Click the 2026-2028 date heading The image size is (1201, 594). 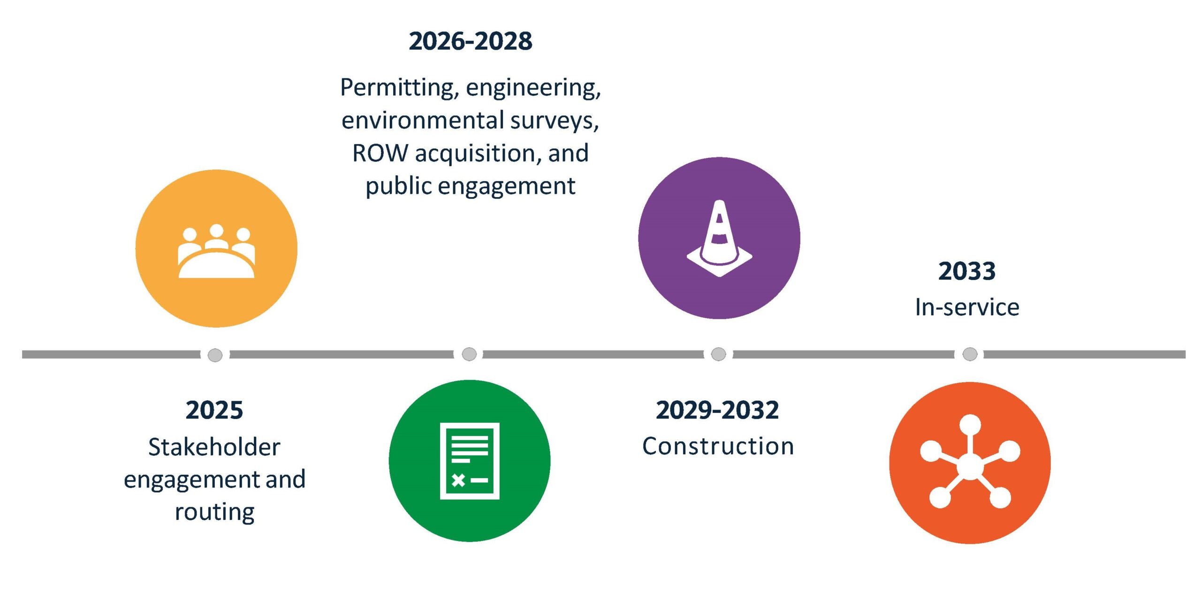pyautogui.click(x=471, y=41)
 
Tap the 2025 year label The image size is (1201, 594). pyautogui.click(x=214, y=410)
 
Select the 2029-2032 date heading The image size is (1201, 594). pyautogui.click(x=717, y=410)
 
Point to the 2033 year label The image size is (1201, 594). pyautogui.click(x=967, y=271)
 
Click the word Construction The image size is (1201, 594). pyautogui.click(x=718, y=446)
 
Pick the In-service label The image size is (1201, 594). pyautogui.click(x=967, y=307)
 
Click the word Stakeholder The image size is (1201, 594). pyautogui.click(x=214, y=447)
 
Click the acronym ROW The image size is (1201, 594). pyautogui.click(x=380, y=153)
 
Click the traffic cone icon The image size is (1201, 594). pyautogui.click(x=719, y=238)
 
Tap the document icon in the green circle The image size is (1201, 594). pyautogui.click(x=470, y=461)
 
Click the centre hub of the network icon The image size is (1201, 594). pyautogui.click(x=970, y=466)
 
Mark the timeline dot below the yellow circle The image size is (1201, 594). pyautogui.click(x=215, y=355)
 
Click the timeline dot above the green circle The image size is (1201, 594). pyautogui.click(x=469, y=354)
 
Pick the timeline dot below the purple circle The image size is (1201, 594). pyautogui.click(x=718, y=354)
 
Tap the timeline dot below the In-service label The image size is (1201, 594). pyautogui.click(x=970, y=354)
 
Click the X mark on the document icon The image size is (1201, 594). pyautogui.click(x=458, y=480)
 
